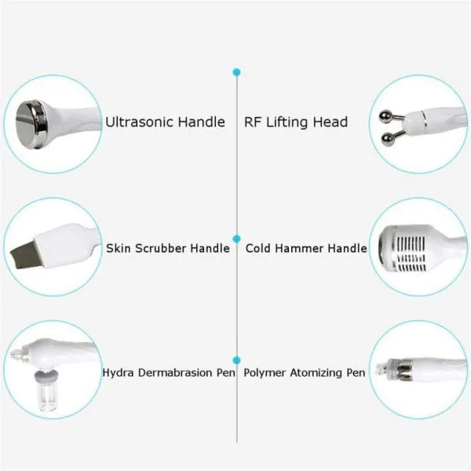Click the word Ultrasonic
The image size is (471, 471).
[139, 122]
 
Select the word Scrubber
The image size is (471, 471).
[161, 248]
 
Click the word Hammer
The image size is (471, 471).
[300, 248]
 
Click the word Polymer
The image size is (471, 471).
[265, 374]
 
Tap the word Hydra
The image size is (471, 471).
[118, 373]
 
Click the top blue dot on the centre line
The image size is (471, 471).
[237, 72]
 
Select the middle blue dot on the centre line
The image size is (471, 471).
[237, 239]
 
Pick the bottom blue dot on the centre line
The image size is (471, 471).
[237, 360]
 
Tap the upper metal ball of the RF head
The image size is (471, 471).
[385, 116]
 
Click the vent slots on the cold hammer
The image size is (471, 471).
[411, 253]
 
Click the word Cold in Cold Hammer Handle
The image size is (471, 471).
[258, 248]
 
